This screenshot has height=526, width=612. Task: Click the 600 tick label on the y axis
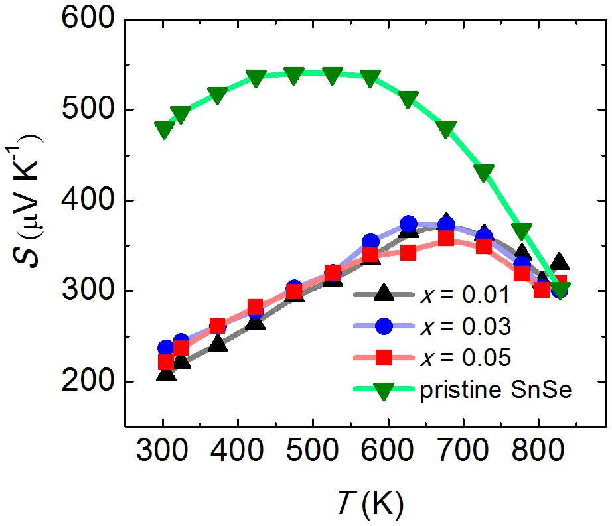(x=88, y=19)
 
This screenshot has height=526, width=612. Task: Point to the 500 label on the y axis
(x=88, y=109)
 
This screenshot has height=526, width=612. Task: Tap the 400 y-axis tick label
(x=88, y=200)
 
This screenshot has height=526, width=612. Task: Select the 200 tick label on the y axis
(x=88, y=381)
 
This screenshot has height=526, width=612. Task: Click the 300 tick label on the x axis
(x=163, y=450)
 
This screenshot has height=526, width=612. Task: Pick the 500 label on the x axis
(x=313, y=450)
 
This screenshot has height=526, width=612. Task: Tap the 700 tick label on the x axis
(x=463, y=450)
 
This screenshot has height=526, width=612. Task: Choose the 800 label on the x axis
(x=538, y=450)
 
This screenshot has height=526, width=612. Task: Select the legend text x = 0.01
(x=465, y=295)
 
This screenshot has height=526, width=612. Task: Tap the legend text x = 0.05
(x=465, y=357)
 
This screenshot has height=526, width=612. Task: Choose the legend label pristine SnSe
(x=496, y=389)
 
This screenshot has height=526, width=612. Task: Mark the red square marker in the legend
(x=384, y=358)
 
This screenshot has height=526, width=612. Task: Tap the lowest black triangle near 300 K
(x=166, y=374)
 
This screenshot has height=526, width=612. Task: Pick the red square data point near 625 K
(x=408, y=253)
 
